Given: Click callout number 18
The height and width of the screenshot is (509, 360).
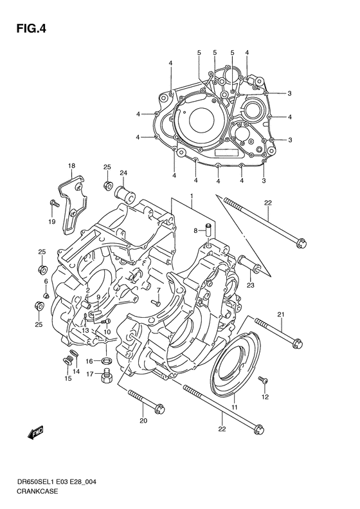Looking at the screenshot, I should point(72,166).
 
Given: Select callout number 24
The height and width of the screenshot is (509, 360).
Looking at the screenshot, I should point(123,172).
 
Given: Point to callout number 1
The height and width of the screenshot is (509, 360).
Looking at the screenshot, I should point(191,196).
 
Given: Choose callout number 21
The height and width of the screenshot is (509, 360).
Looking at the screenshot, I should point(281,314).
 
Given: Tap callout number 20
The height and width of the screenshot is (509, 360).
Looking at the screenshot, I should point(143,421).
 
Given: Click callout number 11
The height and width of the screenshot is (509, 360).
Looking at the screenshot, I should point(235,408).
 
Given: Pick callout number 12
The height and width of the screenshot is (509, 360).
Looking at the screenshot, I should point(265,397).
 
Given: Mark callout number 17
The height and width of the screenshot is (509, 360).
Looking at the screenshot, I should point(91,374).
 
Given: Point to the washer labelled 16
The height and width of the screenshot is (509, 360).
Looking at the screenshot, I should point(107,360).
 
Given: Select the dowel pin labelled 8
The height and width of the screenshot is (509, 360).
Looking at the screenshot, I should point(208,230).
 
